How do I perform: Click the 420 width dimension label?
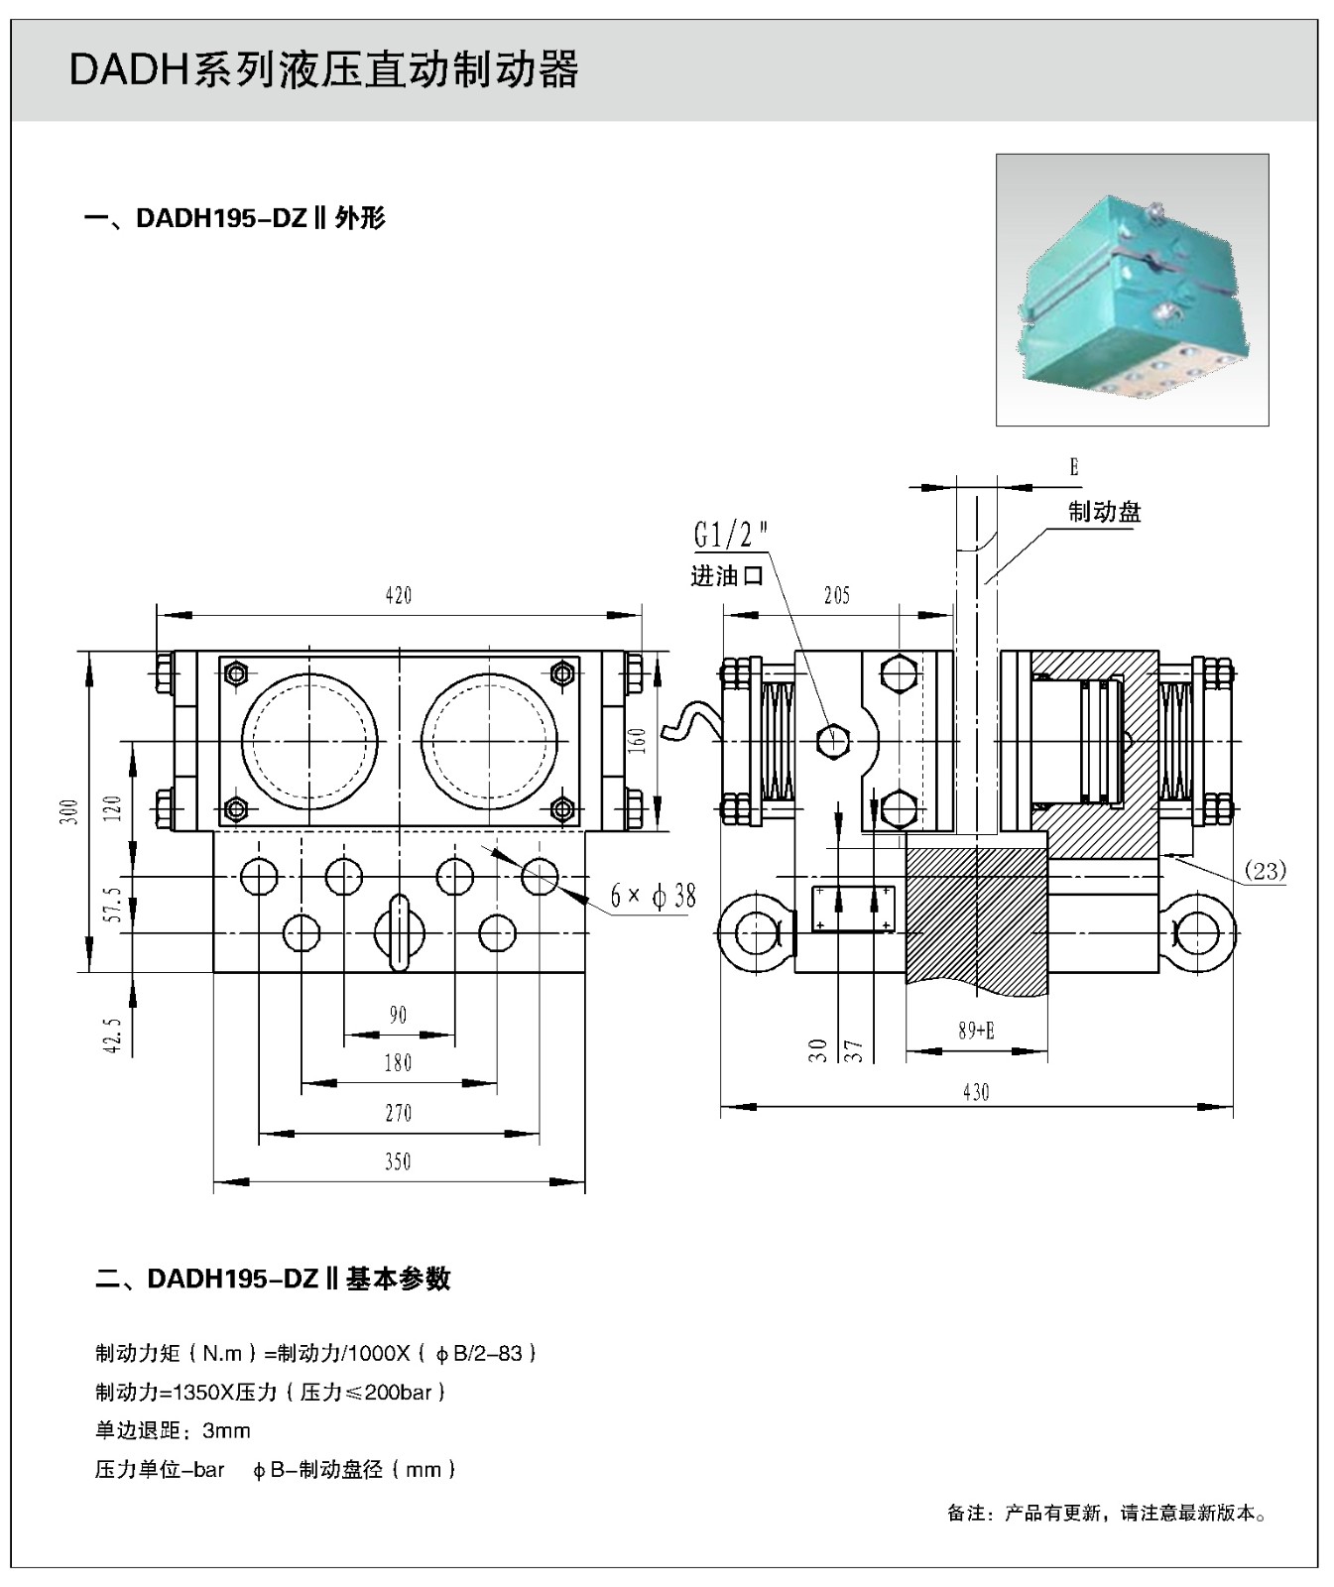tap(398, 595)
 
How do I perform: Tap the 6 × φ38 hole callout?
tap(653, 897)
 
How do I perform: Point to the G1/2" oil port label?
tap(730, 536)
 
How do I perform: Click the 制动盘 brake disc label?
tap(1104, 512)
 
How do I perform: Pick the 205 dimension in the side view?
tap(837, 595)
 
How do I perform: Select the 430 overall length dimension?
tap(976, 1092)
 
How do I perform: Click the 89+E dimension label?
tap(976, 1031)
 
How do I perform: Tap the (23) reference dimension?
tap(1265, 871)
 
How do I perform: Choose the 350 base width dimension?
tap(398, 1161)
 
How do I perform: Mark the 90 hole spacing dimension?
tap(398, 1015)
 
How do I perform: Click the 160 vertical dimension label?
tap(638, 739)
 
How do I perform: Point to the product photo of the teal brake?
tap(1132, 290)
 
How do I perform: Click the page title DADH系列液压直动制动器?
tap(323, 70)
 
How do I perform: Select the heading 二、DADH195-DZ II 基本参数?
tap(273, 1279)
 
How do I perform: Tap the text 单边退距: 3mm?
tap(173, 1430)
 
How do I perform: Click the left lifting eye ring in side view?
tap(755, 932)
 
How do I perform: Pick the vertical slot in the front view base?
tap(398, 932)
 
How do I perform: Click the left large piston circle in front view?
tap(308, 741)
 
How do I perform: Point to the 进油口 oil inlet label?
tap(726, 576)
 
